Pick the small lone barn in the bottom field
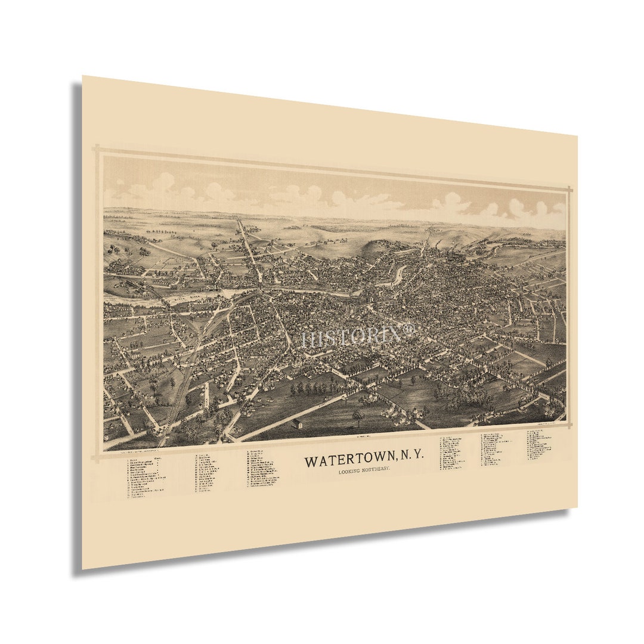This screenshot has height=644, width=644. coord(296,424)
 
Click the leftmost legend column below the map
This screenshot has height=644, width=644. coord(146,476)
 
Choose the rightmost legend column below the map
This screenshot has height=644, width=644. coord(539,445)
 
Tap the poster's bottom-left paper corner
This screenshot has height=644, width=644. coord(83,569)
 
